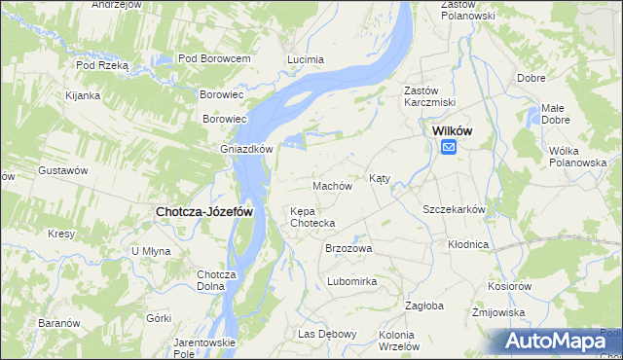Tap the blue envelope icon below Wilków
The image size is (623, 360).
tap(449, 147)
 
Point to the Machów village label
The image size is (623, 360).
tap(331, 186)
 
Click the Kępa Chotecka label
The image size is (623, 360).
tap(312, 217)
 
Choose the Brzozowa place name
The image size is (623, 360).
tap(348, 248)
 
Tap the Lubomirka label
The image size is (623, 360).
tap(351, 281)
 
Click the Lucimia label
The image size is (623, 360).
tap(306, 59)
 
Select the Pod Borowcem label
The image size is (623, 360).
tap(214, 59)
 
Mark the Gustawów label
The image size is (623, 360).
tap(63, 170)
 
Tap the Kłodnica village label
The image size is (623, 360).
tap(468, 244)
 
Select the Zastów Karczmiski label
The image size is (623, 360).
tap(429, 96)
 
